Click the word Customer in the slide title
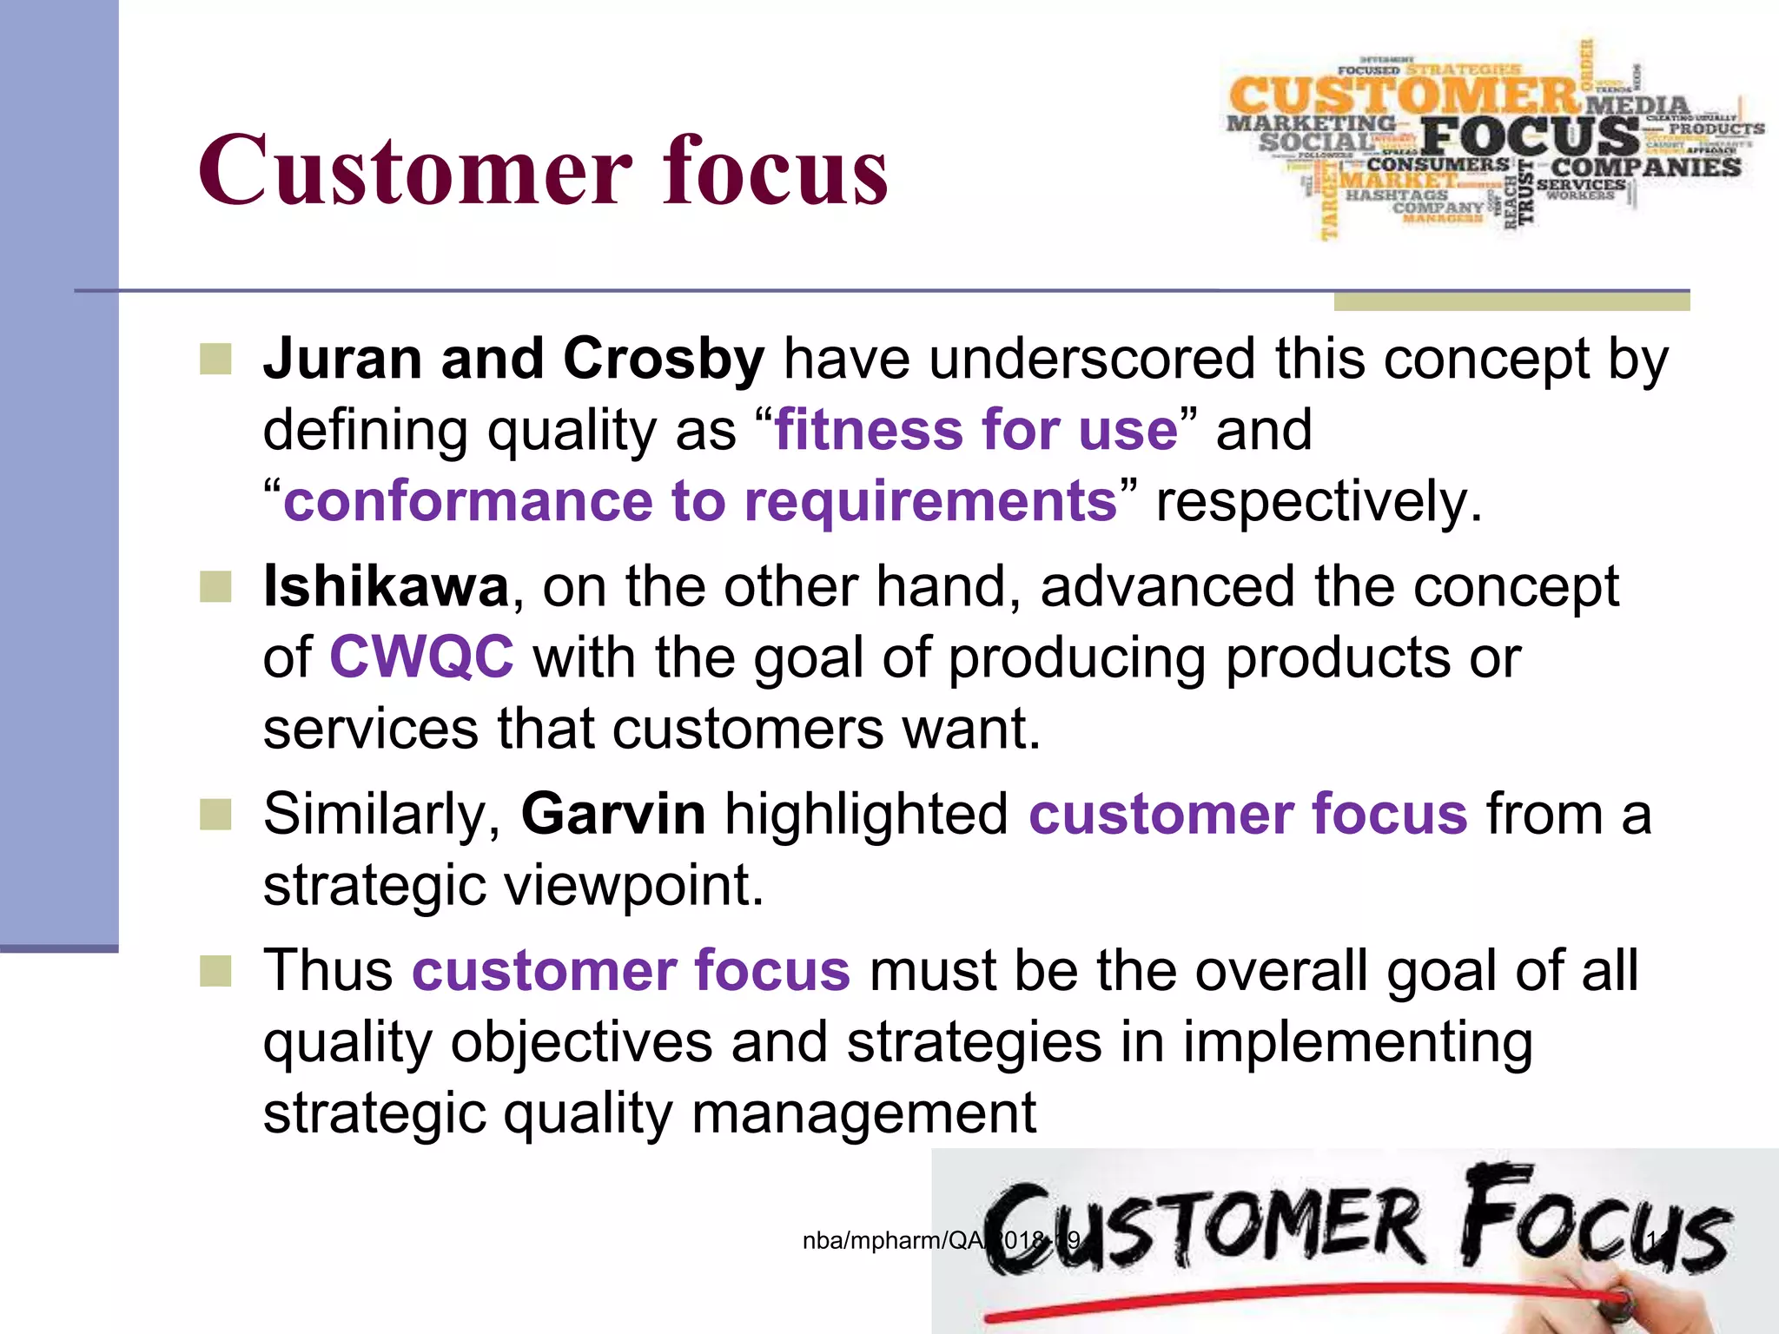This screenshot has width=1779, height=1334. [x=415, y=170]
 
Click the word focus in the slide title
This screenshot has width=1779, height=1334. [x=775, y=170]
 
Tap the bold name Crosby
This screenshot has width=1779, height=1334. [x=664, y=359]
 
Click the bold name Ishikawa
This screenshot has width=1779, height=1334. [x=386, y=586]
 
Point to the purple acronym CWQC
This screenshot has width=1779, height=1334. [x=421, y=657]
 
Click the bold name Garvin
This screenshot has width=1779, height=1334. [x=613, y=814]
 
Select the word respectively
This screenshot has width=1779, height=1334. [x=1318, y=502]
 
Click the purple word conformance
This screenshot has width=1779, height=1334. [x=467, y=502]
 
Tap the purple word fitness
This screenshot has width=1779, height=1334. [x=868, y=430]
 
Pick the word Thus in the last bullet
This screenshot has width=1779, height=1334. [x=327, y=970]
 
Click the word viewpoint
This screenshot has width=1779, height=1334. [x=634, y=885]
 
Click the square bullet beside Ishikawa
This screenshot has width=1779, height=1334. [x=215, y=587]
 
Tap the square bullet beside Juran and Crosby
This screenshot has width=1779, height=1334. [x=215, y=359]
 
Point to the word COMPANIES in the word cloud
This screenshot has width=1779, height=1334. [x=1646, y=167]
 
